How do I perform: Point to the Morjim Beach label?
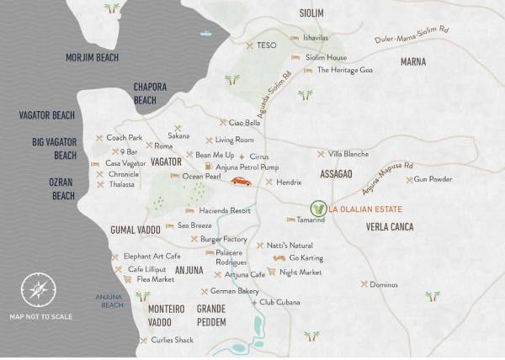point(93,57)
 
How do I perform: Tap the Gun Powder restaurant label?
point(433,180)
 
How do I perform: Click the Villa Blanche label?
point(348,154)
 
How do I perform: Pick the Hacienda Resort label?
point(224,210)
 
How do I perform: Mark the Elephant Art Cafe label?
point(151,256)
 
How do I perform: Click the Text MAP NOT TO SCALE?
point(41,316)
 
